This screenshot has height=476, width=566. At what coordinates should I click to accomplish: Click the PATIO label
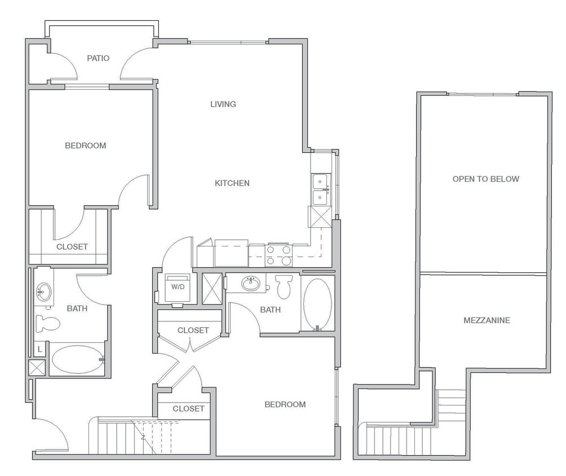(98, 58)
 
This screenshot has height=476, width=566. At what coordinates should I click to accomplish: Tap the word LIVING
(223, 104)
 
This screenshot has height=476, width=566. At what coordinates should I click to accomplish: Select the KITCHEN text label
(232, 183)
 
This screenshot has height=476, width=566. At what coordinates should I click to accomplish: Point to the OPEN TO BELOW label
(485, 179)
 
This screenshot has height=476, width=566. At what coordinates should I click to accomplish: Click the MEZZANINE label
(486, 320)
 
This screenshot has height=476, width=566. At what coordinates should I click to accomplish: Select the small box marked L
(39, 350)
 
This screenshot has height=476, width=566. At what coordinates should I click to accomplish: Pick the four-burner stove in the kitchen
(278, 255)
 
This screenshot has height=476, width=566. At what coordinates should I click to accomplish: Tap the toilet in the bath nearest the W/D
(284, 286)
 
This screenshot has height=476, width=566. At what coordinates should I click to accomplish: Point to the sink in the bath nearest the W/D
(251, 284)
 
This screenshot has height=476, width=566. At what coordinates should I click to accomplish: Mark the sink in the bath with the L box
(43, 292)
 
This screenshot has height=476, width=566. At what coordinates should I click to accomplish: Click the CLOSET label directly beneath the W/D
(193, 330)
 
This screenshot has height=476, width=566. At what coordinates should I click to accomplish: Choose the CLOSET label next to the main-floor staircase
(188, 408)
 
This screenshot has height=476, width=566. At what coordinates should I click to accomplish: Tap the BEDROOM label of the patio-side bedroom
(85, 146)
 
